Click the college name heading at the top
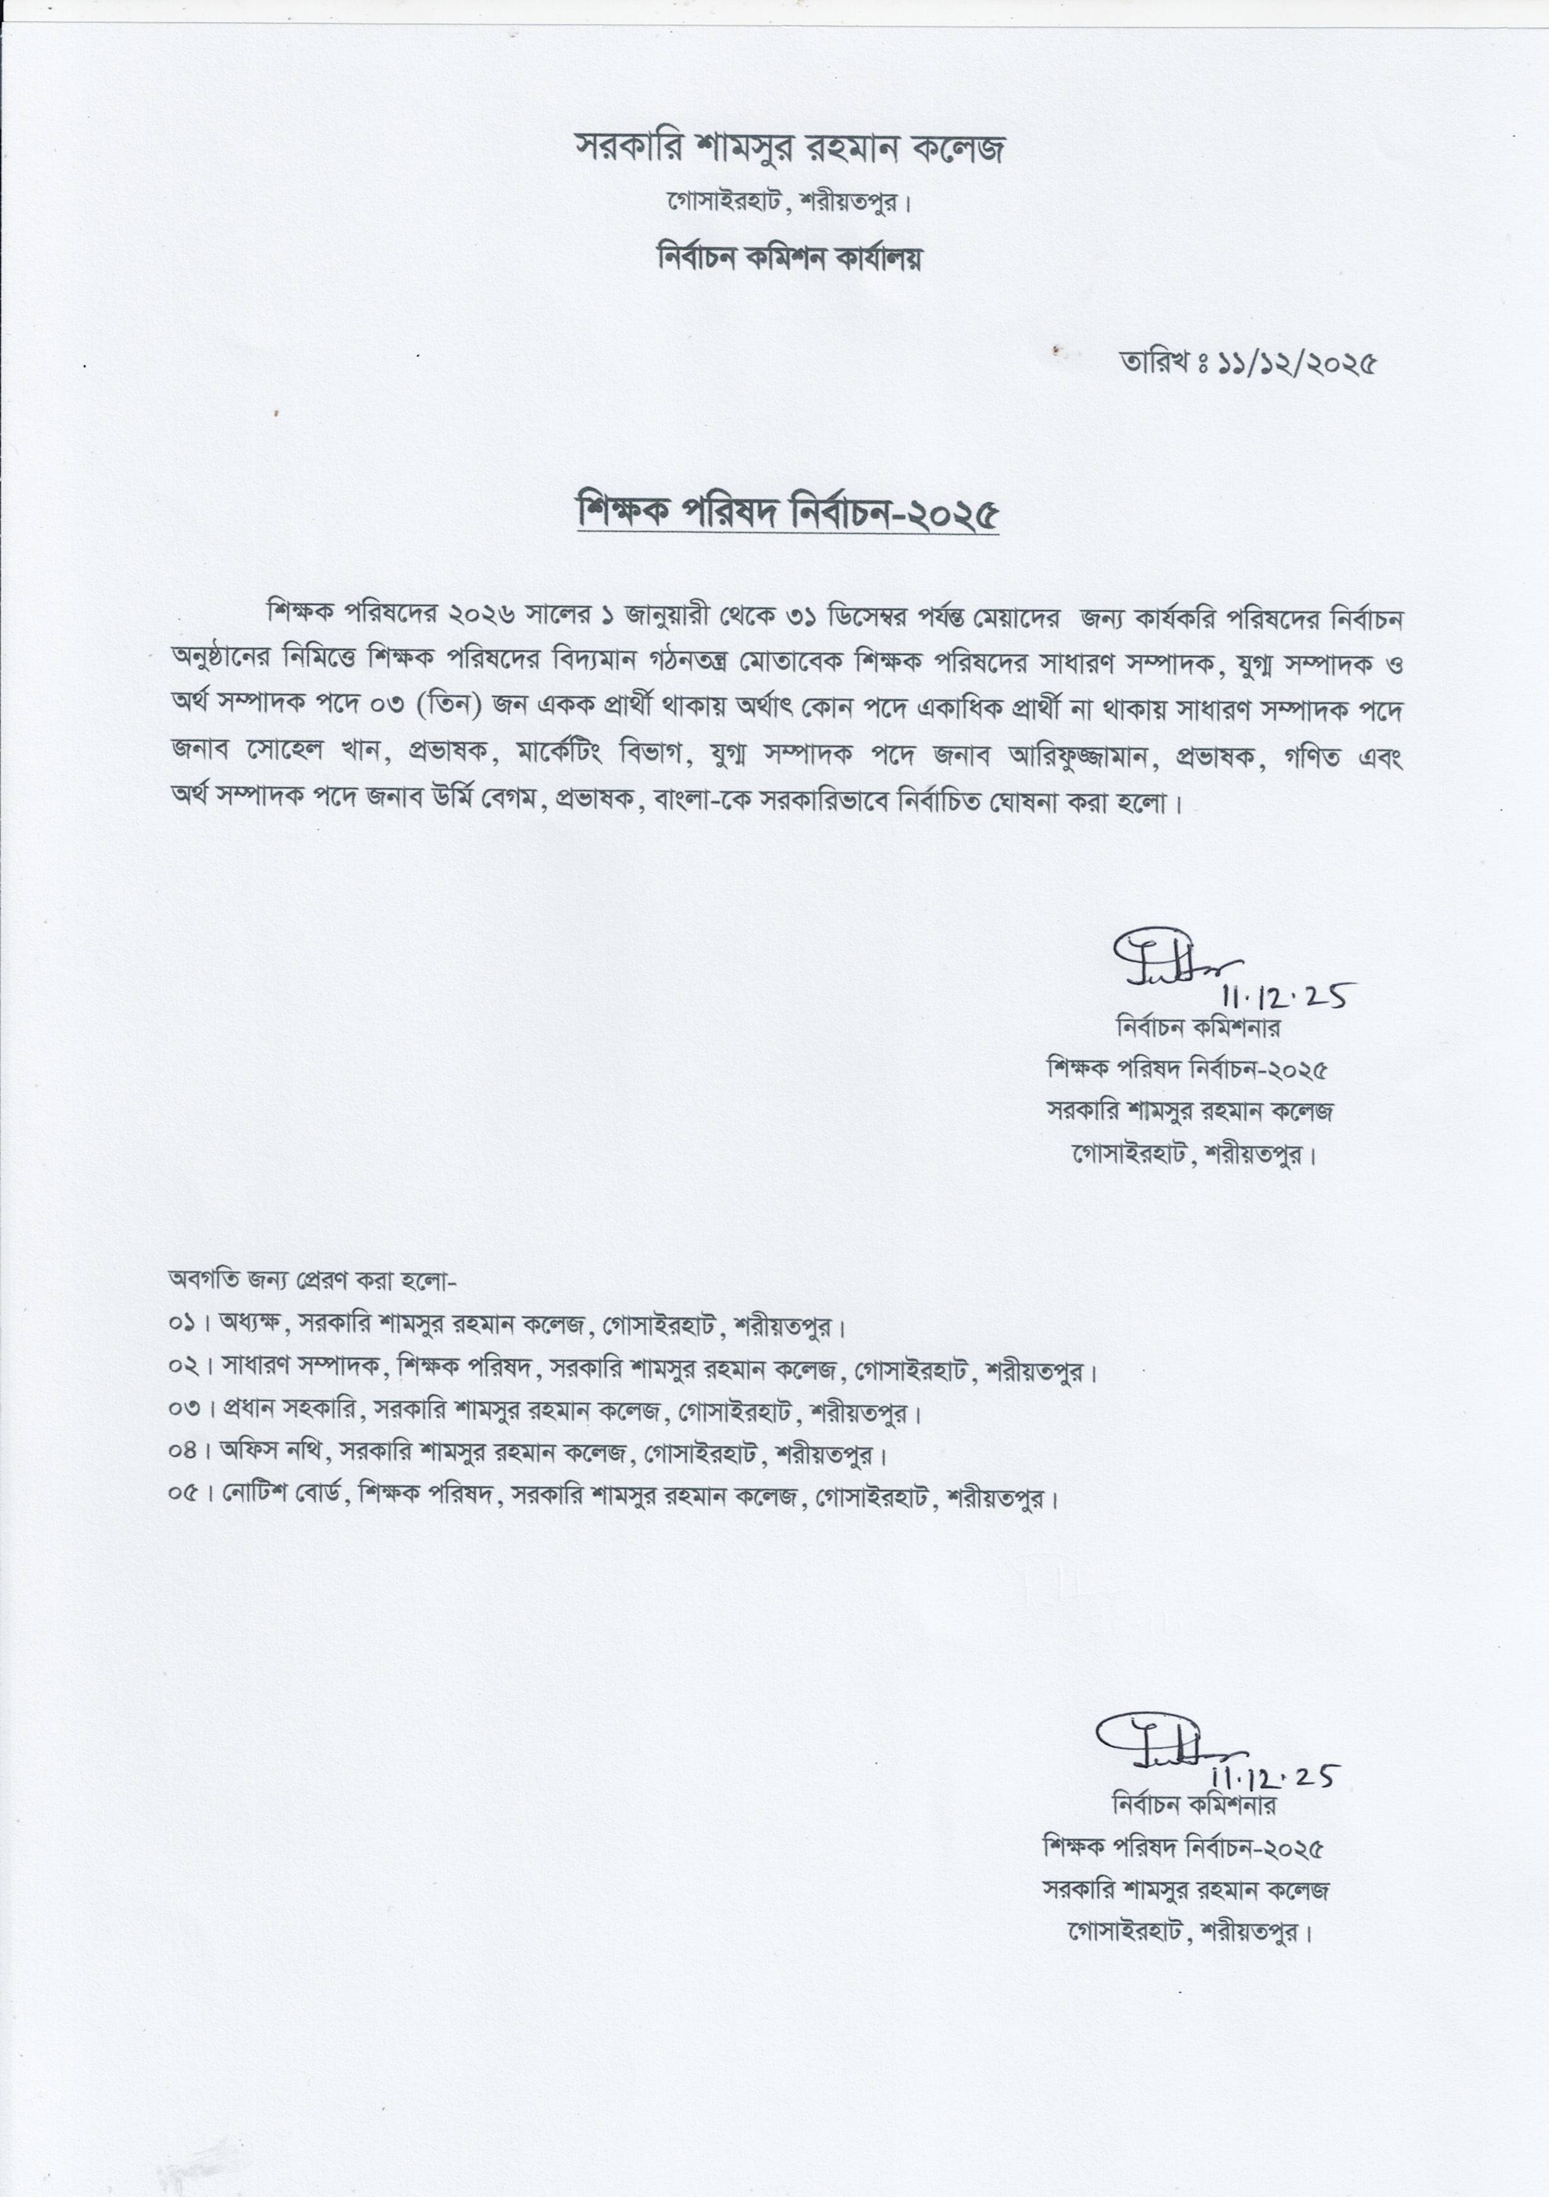point(790,148)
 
